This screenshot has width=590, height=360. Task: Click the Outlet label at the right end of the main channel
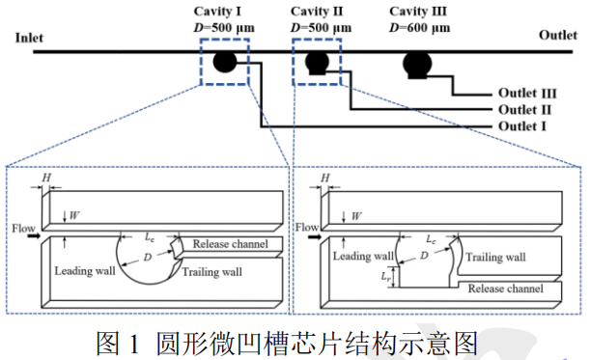tap(557, 36)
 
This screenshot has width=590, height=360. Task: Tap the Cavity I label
tap(224, 11)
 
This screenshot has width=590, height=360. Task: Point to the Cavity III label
tap(422, 11)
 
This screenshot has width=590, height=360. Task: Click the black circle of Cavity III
tap(418, 64)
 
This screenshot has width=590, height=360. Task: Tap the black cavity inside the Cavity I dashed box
tap(224, 63)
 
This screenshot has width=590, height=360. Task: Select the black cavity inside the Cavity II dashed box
tap(317, 64)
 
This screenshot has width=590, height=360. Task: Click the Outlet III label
tap(529, 94)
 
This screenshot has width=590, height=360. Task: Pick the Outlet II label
tap(528, 110)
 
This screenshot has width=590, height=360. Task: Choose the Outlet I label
tap(526, 126)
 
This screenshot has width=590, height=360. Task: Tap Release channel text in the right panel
tap(505, 289)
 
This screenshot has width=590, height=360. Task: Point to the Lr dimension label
tap(385, 276)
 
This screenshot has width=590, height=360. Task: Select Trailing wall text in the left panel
tap(211, 272)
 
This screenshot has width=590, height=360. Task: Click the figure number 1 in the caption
tap(134, 341)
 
